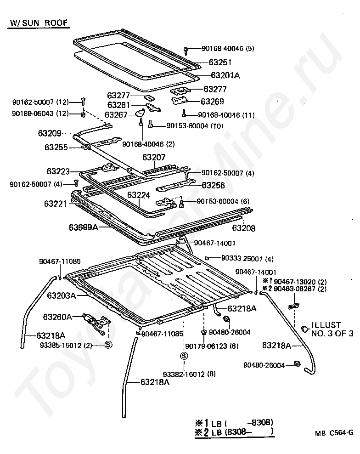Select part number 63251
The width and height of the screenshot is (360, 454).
tap(220, 62)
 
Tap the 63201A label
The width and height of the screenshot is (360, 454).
tap(225, 75)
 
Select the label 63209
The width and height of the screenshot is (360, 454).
tap(50, 133)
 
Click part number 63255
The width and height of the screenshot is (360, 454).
tap(56, 148)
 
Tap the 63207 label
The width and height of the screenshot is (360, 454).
tap(154, 157)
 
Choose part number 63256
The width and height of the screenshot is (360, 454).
tap(214, 185)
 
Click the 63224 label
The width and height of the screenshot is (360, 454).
tap(139, 195)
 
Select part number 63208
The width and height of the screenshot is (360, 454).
tap(244, 228)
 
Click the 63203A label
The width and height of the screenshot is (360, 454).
tap(61, 295)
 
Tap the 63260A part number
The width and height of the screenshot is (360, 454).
tap(57, 317)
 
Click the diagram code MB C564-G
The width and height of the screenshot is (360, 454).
tap(334, 432)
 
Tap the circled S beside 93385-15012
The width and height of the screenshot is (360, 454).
tap(109, 344)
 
